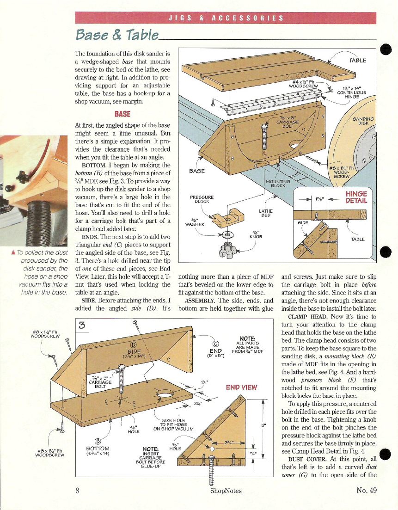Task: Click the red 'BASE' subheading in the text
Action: [122, 114]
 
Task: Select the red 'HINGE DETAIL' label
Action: [356, 197]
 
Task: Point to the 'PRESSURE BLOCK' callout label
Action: [202, 199]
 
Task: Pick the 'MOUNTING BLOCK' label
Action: [278, 184]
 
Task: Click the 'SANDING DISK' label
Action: [363, 121]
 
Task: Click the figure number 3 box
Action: [82, 326]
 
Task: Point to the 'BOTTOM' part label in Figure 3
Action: [98, 449]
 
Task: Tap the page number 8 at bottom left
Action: [77, 490]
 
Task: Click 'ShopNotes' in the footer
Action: [226, 491]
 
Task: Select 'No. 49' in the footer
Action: [368, 490]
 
